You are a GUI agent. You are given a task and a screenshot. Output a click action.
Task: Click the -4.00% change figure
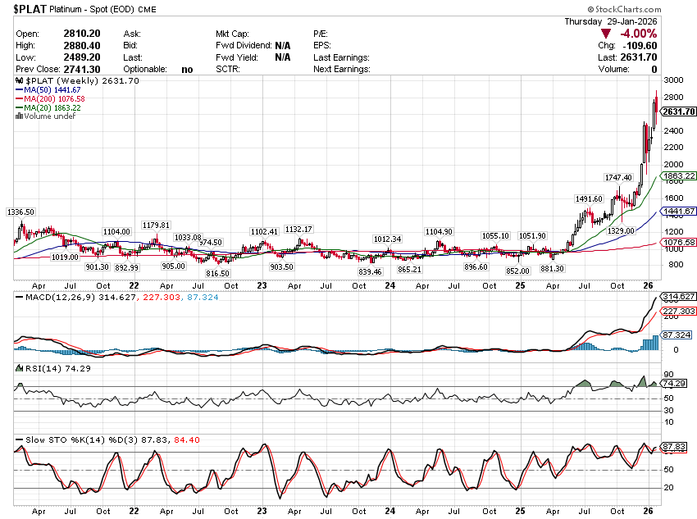click(x=638, y=34)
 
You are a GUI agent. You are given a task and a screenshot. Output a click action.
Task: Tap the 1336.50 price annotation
click(x=20, y=212)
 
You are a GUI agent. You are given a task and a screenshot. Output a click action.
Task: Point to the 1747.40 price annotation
click(x=618, y=177)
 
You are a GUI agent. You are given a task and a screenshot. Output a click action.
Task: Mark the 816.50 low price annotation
click(x=217, y=273)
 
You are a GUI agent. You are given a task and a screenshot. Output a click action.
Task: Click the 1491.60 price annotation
click(x=589, y=198)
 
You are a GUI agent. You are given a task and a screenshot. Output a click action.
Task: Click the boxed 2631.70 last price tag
click(x=679, y=111)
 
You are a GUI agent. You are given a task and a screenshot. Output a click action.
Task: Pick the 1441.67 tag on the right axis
click(x=679, y=212)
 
